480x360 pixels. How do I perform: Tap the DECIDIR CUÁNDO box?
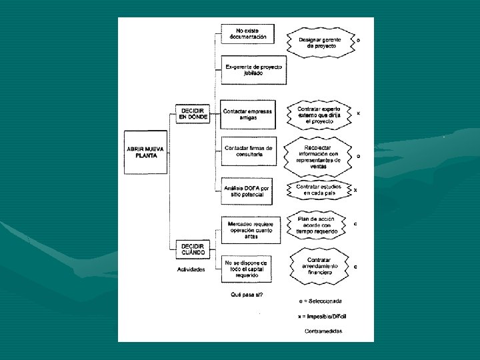(192, 250)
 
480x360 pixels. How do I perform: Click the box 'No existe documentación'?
(247, 35)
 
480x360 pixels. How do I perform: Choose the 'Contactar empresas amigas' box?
(247, 114)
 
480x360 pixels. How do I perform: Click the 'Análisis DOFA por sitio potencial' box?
(247, 191)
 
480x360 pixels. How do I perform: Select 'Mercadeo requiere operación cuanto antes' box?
(249, 229)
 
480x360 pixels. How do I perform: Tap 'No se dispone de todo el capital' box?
(246, 269)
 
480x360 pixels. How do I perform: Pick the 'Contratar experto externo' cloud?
(319, 115)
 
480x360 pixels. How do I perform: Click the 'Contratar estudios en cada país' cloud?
(319, 190)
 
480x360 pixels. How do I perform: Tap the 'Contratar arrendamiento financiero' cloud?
(319, 265)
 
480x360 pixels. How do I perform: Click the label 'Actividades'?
(191, 270)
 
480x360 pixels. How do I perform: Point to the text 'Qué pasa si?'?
(247, 295)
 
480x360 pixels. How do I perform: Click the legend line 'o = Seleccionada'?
(320, 301)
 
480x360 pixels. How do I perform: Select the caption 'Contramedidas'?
(323, 331)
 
